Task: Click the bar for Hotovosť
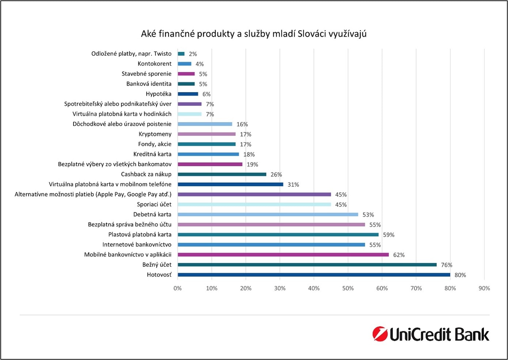click(314, 275)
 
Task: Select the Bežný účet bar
click(307, 265)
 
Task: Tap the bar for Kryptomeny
click(206, 134)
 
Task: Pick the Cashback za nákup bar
click(222, 174)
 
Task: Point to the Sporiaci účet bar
click(254, 204)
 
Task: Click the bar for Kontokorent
click(184, 64)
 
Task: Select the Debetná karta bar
click(268, 215)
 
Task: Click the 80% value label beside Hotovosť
click(460, 275)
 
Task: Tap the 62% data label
click(399, 255)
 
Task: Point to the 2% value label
click(193, 54)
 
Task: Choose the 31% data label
click(293, 185)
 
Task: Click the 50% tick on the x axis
click(348, 288)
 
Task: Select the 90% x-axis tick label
click(484, 288)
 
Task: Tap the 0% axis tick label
click(178, 288)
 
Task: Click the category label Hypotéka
click(158, 94)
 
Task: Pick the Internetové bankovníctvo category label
click(137, 245)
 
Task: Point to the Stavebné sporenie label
click(146, 74)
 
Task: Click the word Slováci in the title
click(312, 34)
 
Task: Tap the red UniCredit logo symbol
click(380, 334)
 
